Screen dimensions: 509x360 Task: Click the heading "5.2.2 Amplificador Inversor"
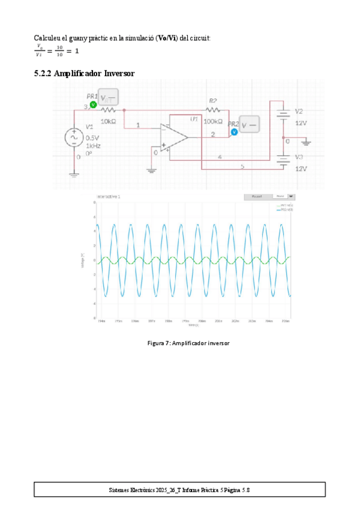point(85,73)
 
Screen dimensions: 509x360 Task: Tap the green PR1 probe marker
point(93,104)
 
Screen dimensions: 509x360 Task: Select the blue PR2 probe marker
point(235,131)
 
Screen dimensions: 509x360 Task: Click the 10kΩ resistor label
point(108,121)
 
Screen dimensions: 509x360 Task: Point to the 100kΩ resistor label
point(212,121)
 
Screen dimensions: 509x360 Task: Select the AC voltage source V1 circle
point(74,137)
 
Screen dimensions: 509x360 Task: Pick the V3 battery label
point(299,157)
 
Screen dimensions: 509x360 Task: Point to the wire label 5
point(242,166)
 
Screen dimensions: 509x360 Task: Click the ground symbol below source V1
point(74,175)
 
